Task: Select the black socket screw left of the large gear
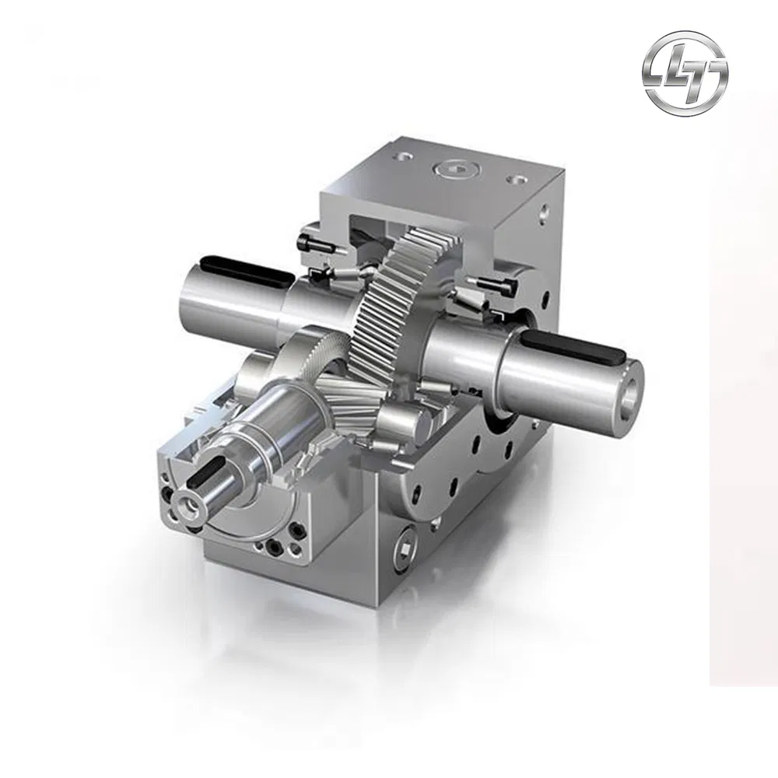(316, 248)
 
